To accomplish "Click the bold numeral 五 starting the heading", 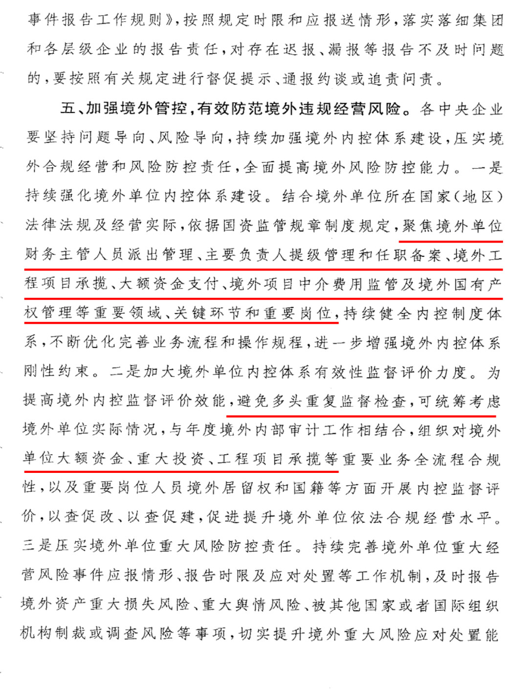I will (x=67, y=108).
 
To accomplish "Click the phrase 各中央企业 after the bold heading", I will (x=462, y=109).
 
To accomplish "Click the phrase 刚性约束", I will (x=56, y=372).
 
